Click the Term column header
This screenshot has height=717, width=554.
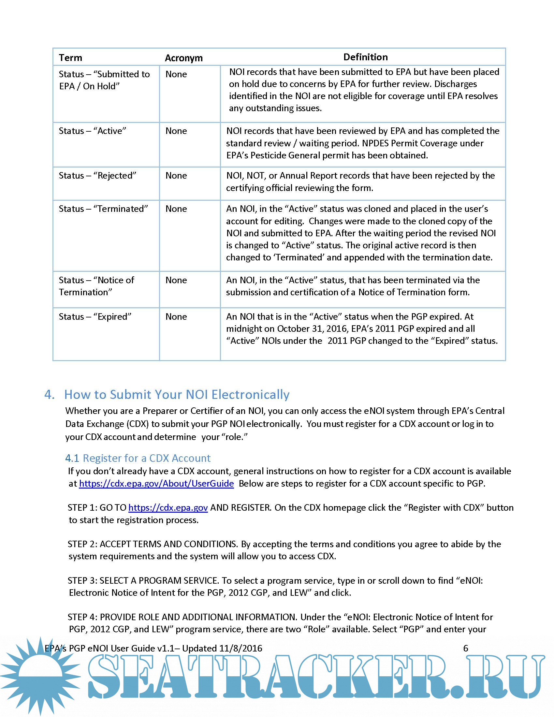70,58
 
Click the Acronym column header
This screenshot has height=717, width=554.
183,58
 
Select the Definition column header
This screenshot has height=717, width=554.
365,57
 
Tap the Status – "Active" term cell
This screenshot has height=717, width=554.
92,131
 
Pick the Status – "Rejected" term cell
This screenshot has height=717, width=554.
97,176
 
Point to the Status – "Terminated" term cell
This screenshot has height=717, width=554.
103,209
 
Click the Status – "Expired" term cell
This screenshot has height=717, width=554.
95,317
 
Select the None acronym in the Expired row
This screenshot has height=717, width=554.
176,317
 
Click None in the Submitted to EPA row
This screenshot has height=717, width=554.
176,74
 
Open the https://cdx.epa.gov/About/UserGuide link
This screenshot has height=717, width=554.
156,484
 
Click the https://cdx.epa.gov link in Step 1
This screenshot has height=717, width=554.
168,508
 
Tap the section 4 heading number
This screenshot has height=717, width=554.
49,395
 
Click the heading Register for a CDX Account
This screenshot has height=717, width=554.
146,458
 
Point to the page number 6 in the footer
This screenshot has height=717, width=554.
465,648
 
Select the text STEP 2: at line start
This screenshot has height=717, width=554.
82,544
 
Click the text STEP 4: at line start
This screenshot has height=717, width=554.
82,617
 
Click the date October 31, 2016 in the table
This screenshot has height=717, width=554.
313,329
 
